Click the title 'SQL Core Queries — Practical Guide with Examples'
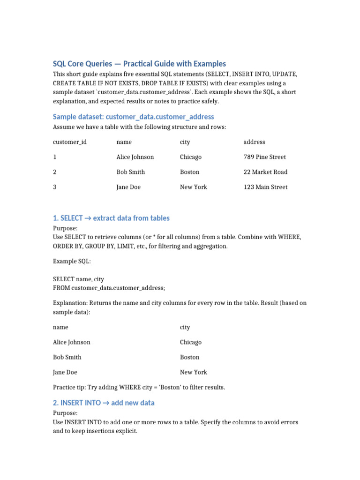[x=139, y=64]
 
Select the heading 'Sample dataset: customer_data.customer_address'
[x=133, y=117]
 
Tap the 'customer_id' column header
[x=70, y=142]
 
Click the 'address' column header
[x=254, y=142]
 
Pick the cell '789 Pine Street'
[x=264, y=157]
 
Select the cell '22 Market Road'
[x=265, y=172]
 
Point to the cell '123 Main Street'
[x=265, y=187]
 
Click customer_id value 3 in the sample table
[x=55, y=187]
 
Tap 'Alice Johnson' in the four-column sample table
[x=135, y=157]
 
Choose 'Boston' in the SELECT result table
[x=189, y=357]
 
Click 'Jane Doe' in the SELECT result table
[x=65, y=372]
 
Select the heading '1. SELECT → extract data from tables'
[x=111, y=218]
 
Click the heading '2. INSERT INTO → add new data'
[x=104, y=403]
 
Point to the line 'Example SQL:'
[x=72, y=261]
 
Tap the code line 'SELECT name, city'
[x=78, y=279]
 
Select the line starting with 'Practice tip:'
[x=139, y=387]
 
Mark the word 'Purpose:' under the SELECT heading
[x=65, y=228]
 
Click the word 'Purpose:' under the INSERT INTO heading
[x=65, y=413]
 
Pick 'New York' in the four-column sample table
[x=193, y=187]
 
